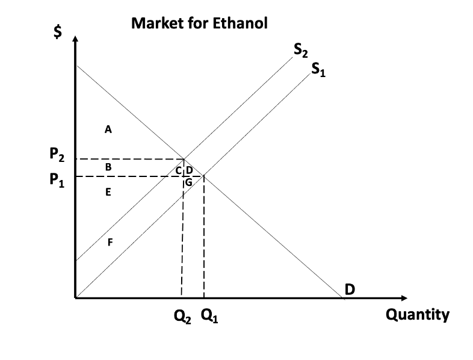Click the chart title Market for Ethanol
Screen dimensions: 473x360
(199, 23)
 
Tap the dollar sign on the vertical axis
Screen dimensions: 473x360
(58, 33)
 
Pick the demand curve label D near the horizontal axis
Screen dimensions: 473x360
(350, 290)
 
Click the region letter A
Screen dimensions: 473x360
(108, 128)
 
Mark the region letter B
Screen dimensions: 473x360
(108, 167)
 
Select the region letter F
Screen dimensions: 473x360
(110, 243)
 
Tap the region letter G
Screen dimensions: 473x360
(188, 182)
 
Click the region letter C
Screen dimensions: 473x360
(179, 171)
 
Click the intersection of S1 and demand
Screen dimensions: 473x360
(204, 176)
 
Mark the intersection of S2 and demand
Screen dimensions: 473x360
(184, 159)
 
